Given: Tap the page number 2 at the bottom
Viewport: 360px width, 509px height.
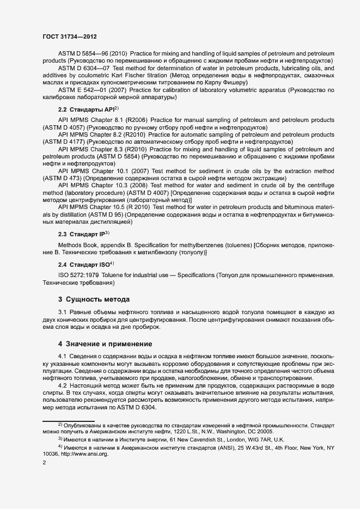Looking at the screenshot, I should (44, 463).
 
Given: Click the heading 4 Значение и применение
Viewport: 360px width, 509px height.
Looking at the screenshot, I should (105, 344).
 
